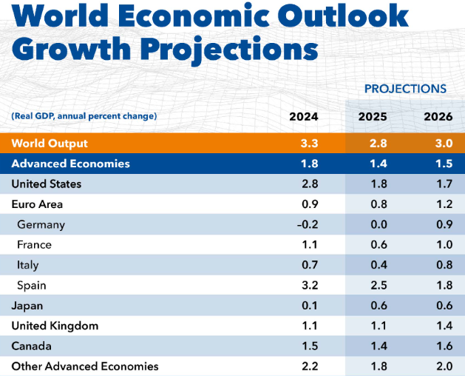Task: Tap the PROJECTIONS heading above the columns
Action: click(405, 89)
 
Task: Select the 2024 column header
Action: click(304, 116)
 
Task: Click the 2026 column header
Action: click(438, 116)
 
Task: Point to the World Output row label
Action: click(50, 143)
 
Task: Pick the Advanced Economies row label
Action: click(71, 164)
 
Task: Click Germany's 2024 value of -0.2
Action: click(304, 224)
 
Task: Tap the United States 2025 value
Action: click(373, 184)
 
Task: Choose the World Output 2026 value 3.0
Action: click(438, 143)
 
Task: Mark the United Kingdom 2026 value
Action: click(438, 326)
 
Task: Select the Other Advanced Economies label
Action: click(85, 366)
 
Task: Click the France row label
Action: click(34, 244)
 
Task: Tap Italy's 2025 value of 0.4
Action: click(373, 265)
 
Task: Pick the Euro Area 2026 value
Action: click(438, 204)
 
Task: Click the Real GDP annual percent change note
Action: click(84, 116)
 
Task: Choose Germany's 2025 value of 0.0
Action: click(373, 224)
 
